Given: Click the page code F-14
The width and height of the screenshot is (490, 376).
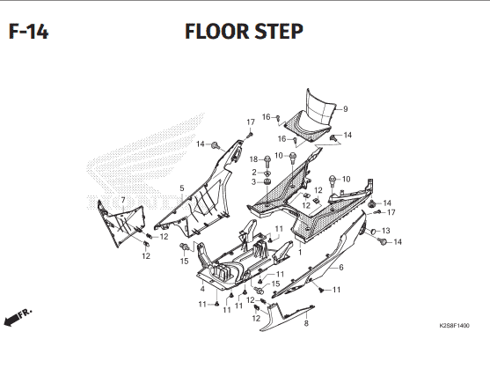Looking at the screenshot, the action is pos(28,32).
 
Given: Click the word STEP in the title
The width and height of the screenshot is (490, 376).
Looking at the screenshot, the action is pos(279,32).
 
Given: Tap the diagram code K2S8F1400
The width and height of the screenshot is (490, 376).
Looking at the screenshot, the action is pos(454,326).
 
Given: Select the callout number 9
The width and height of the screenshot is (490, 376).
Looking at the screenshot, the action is pos(346,109).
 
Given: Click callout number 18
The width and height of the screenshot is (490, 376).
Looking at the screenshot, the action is pos(253,159).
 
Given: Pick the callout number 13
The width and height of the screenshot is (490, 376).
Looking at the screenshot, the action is pos(386,231).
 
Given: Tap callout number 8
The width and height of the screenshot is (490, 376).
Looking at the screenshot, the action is pos(306,323).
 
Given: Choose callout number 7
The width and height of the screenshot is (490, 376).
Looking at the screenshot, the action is pos(123,200).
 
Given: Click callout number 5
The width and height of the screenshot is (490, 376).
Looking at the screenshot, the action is pos(182,188).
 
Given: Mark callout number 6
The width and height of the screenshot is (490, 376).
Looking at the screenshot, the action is pos(341,267).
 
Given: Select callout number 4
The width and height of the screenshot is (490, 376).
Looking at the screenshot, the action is pos(202,289).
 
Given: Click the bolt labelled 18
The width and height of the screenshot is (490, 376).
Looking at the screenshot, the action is pos(267,161).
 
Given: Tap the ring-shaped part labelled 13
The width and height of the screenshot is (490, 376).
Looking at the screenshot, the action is pos(373,232).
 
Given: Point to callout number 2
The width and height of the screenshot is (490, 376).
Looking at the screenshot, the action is pos(254,172).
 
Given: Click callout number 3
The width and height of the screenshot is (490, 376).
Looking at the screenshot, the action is pos(253,181).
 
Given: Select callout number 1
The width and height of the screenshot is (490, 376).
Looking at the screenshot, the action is pos(300,252).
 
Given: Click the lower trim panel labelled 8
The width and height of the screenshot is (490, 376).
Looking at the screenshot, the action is pos(286,318).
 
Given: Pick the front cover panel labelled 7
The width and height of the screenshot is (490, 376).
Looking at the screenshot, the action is pos(121,224).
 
